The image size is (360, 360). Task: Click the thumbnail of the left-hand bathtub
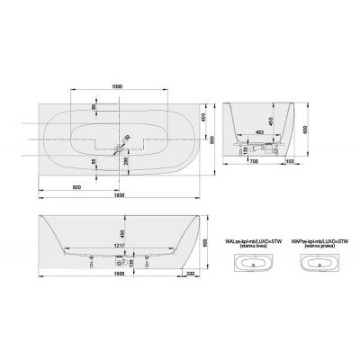point(255,263)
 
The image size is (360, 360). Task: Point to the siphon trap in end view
point(243,144)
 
